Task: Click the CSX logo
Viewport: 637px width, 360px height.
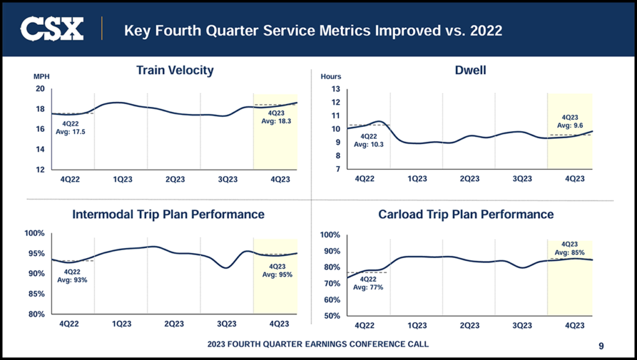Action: click(x=52, y=29)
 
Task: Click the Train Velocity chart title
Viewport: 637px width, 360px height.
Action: click(x=175, y=70)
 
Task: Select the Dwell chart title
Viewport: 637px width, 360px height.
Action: click(x=470, y=70)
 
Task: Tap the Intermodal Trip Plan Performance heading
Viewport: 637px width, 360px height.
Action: click(x=168, y=215)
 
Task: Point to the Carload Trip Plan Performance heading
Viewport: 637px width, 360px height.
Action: click(x=466, y=215)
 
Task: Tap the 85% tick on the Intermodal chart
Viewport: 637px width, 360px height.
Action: click(x=36, y=294)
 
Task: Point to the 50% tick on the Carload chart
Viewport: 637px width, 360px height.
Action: click(x=330, y=316)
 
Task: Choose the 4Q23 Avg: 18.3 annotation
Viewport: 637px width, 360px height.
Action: click(x=276, y=118)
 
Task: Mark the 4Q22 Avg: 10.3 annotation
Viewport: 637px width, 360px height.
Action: click(x=369, y=141)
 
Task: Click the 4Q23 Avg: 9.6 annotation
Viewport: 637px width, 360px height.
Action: click(x=570, y=121)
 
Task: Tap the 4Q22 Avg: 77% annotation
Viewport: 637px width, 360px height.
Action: click(x=368, y=283)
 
